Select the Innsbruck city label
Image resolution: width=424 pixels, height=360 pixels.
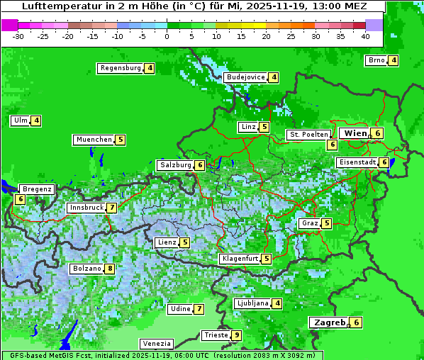86,208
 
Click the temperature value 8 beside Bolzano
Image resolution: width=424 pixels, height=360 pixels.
109,269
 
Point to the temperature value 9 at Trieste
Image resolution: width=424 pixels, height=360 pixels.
237,335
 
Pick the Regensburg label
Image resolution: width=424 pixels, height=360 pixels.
120,68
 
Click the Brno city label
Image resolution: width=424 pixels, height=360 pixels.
376,60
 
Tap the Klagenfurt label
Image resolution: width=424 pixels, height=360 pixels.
240,259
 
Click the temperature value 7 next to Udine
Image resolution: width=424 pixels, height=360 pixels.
199,309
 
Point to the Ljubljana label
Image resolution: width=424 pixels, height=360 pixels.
252,303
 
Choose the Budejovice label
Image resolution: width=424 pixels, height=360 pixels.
245,77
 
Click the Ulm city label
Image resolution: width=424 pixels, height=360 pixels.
20,120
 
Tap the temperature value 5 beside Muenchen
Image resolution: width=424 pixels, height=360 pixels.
121,140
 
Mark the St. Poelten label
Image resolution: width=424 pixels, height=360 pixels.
308,134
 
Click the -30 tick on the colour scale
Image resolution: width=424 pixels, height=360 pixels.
18,35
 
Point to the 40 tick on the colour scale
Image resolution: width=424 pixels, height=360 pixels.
365,35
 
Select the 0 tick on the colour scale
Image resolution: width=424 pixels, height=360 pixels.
167,35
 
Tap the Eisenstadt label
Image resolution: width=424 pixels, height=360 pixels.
357,162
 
